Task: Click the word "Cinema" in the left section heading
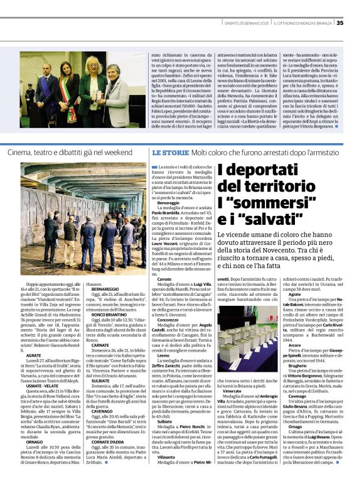click(x=20, y=153)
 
